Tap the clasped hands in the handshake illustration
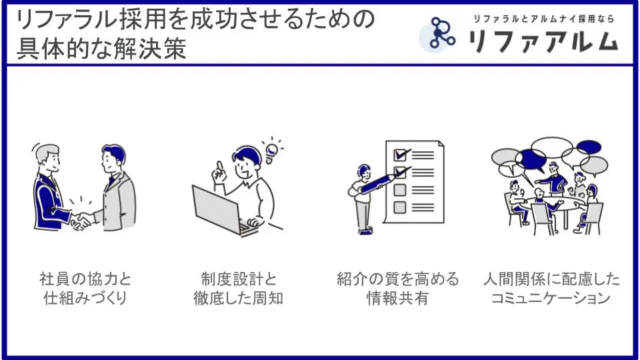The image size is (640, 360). pyautogui.click(x=81, y=221)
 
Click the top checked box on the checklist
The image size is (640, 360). pyautogui.click(x=401, y=155)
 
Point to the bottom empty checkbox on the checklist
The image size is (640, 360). pyautogui.click(x=399, y=207)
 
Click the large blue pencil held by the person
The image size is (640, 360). pyautogui.click(x=378, y=183)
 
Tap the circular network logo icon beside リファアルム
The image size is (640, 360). pyautogui.click(x=439, y=34)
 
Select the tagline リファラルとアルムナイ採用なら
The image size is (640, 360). pyautogui.click(x=544, y=19)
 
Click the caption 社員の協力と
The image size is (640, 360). pyautogui.click(x=85, y=279)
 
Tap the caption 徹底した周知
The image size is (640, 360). pyautogui.click(x=239, y=299)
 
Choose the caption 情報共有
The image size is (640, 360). pyautogui.click(x=397, y=299)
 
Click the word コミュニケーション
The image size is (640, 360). pyautogui.click(x=551, y=298)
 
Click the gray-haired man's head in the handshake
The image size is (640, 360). pyautogui.click(x=48, y=159)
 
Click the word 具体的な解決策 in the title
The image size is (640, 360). pyautogui.click(x=101, y=49)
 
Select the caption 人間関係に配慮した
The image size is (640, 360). pyautogui.click(x=551, y=279)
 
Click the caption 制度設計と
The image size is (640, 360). pyautogui.click(x=239, y=279)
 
